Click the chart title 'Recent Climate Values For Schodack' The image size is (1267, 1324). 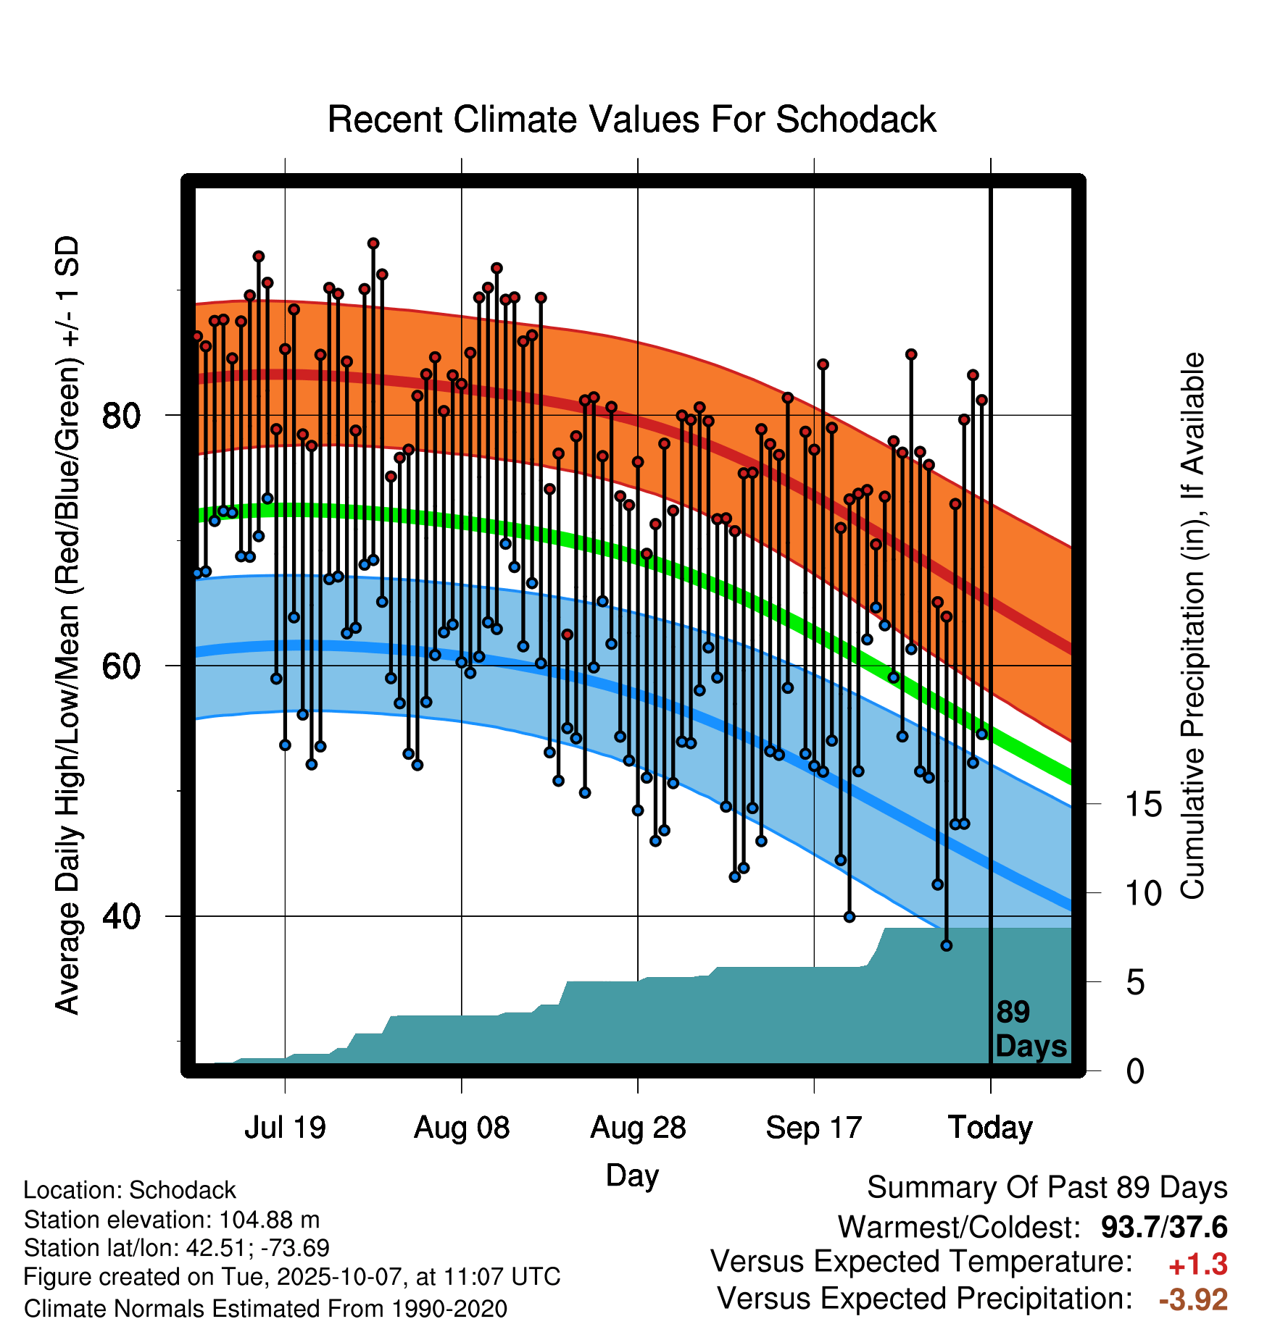tap(631, 120)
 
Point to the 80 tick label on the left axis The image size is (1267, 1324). tap(120, 416)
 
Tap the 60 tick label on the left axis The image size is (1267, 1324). tap(120, 666)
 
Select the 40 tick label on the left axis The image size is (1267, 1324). tap(120, 917)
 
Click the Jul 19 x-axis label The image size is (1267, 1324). tap(285, 1128)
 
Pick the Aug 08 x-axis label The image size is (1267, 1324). tap(462, 1128)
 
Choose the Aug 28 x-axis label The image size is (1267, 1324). tap(638, 1128)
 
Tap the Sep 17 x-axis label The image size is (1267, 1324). tap(814, 1128)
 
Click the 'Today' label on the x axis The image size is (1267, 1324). tap(990, 1128)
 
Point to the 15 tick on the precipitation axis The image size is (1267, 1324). tap(1143, 805)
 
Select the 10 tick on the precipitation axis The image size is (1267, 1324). tap(1143, 894)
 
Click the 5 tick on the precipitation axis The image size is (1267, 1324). tap(1135, 983)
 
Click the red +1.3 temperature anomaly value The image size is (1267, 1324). tap(1197, 1265)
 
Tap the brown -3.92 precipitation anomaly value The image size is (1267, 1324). tap(1193, 1299)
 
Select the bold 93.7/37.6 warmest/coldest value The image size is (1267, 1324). tap(1163, 1227)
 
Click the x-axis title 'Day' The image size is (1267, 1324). tap(632, 1175)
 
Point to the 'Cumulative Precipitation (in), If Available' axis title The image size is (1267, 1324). tap(1192, 627)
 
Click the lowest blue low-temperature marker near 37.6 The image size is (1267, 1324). tap(946, 945)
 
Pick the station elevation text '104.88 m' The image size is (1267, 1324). tap(269, 1220)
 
